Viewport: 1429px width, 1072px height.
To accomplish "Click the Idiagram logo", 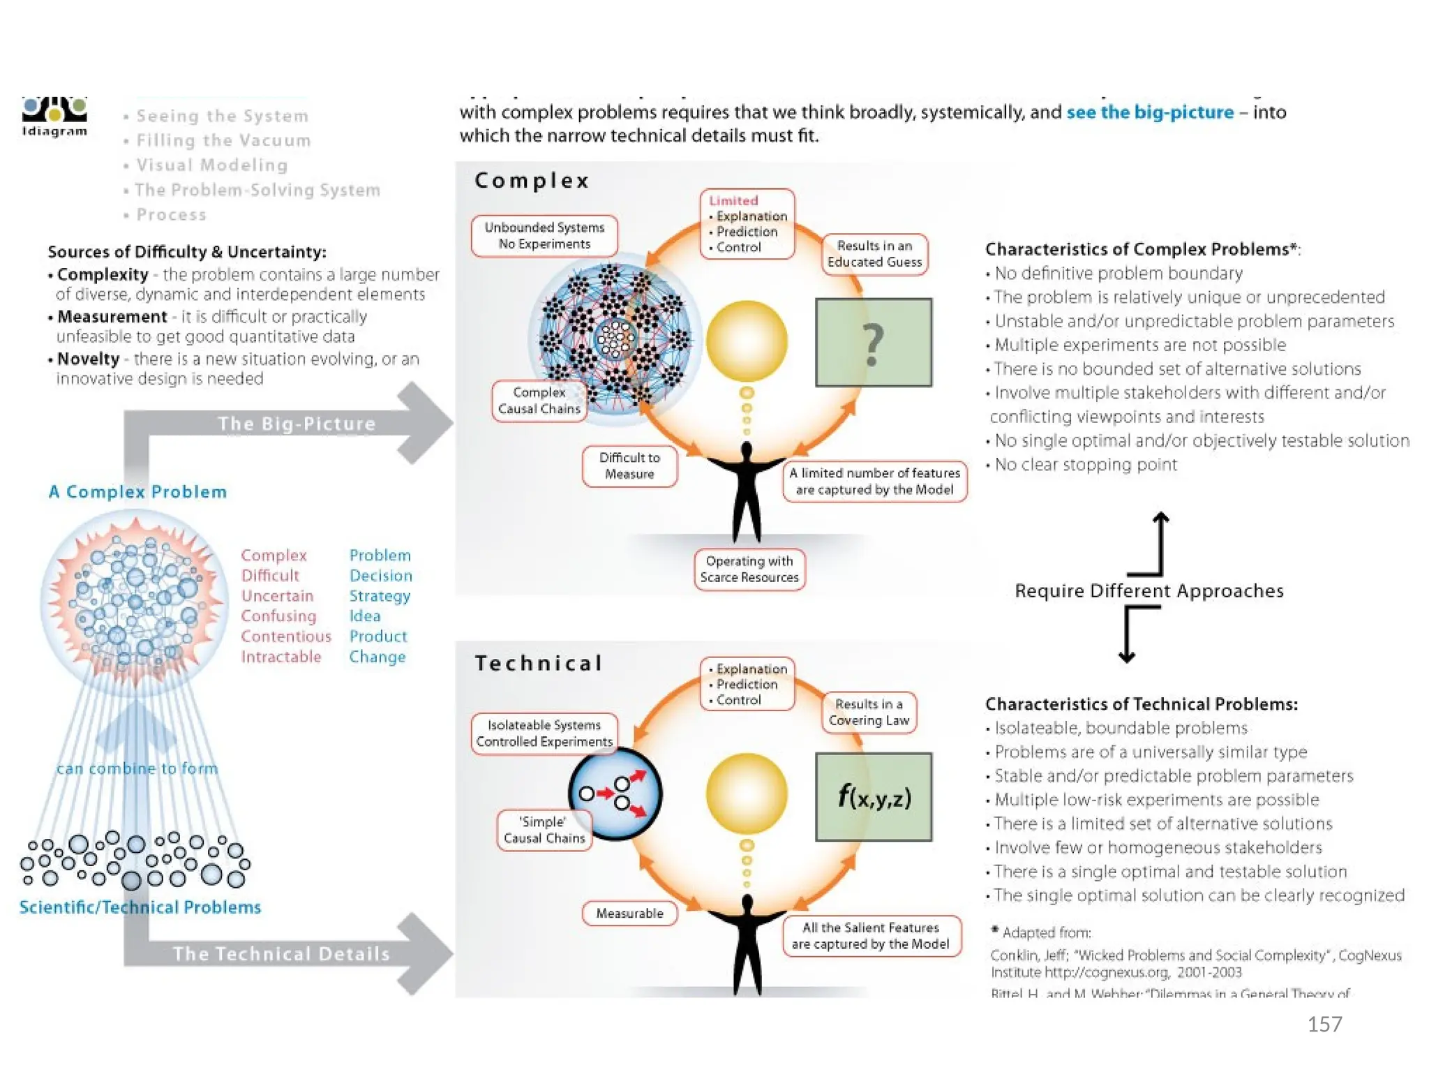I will tap(54, 117).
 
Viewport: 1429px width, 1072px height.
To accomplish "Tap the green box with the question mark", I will tap(874, 343).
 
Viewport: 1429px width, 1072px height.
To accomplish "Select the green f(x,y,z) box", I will tap(874, 796).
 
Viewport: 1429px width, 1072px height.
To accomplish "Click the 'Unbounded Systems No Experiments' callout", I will tap(544, 236).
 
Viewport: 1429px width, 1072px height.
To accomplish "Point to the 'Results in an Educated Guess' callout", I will tap(874, 254).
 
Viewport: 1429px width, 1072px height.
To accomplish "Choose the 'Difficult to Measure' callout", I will tap(629, 466).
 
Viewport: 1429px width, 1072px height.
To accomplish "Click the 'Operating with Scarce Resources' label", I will tap(749, 569).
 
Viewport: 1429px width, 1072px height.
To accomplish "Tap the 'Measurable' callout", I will tap(629, 913).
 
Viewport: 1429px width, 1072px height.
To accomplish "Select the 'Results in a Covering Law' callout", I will tap(869, 713).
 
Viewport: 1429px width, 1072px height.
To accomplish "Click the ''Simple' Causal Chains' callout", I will tap(544, 830).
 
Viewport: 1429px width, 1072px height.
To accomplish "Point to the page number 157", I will tap(1324, 1024).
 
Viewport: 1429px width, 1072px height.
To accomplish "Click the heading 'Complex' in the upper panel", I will tap(532, 181).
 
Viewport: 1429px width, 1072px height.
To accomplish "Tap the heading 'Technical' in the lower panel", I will tap(538, 663).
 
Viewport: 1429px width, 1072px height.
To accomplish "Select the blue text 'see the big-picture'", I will tap(1150, 112).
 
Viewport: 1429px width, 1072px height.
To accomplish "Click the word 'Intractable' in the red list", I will tap(281, 657).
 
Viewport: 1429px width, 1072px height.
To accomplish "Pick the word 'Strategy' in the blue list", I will tap(380, 596).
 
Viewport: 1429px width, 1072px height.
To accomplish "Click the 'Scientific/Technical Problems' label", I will tap(140, 907).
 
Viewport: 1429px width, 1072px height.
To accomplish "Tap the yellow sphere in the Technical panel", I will tap(747, 794).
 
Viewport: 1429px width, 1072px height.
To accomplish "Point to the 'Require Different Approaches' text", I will tap(1149, 591).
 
